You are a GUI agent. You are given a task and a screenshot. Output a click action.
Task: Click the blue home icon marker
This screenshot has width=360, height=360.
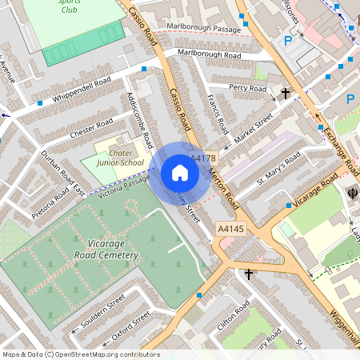point(180,173)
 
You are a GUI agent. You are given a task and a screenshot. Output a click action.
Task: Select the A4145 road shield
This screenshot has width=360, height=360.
point(230,230)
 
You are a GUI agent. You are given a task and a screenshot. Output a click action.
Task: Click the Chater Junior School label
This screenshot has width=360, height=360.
point(121,158)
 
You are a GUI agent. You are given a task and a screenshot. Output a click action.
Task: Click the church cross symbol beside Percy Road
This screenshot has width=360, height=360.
point(286,94)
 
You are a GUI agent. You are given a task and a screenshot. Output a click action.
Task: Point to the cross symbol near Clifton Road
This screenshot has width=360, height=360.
point(248,274)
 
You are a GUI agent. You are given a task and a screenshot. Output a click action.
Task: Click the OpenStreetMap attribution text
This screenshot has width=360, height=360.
point(81,354)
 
